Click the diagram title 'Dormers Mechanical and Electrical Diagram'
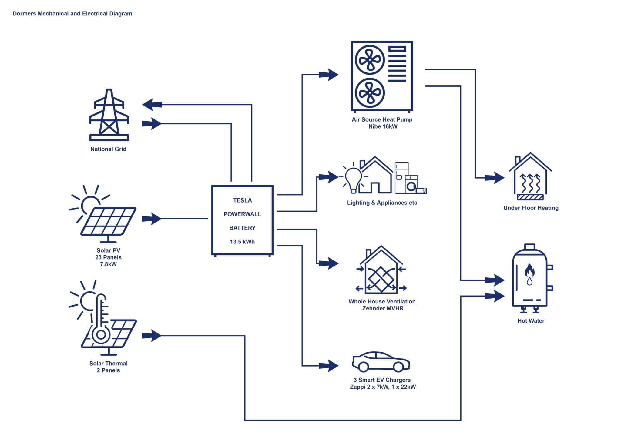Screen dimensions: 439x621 pyautogui.click(x=72, y=14)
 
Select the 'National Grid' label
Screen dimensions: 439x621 pyautogui.click(x=108, y=149)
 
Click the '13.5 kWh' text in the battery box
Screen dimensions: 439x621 pyautogui.click(x=242, y=242)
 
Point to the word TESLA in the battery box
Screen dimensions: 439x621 pyautogui.click(x=242, y=200)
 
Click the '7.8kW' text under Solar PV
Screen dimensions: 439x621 pyautogui.click(x=108, y=264)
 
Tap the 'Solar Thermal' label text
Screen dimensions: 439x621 pyautogui.click(x=108, y=364)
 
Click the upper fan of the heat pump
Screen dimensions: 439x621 pyautogui.click(x=370, y=60)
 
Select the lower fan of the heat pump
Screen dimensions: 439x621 pyautogui.click(x=370, y=93)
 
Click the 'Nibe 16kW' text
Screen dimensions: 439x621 pyautogui.click(x=383, y=127)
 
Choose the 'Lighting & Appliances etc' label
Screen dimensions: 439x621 pyautogui.click(x=382, y=203)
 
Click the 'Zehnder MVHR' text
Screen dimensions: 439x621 pyautogui.click(x=383, y=309)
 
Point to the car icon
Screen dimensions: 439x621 pyautogui.click(x=381, y=362)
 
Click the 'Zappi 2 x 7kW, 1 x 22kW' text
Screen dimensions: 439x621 pyautogui.click(x=383, y=387)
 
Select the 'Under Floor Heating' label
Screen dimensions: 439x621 pyautogui.click(x=531, y=208)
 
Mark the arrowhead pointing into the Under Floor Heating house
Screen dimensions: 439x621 pyautogui.click(x=496, y=178)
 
